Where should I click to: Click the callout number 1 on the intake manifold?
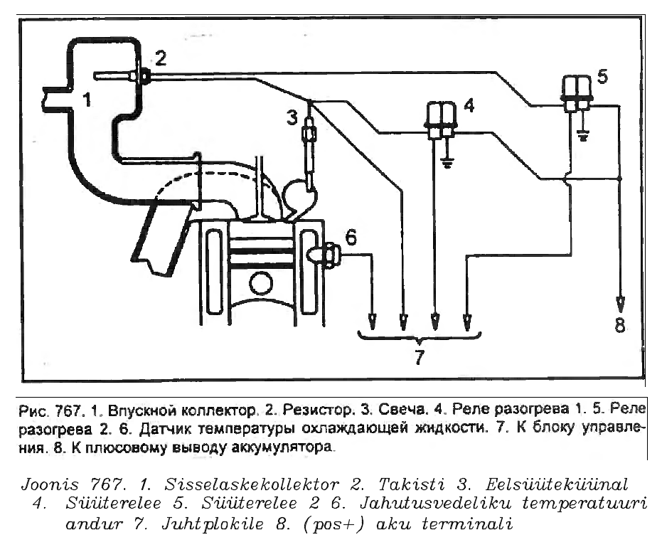pyautogui.click(x=87, y=100)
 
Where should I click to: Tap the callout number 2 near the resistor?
pyautogui.click(x=161, y=58)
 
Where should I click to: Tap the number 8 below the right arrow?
pyautogui.click(x=620, y=327)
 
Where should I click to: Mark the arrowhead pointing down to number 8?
pyautogui.click(x=620, y=302)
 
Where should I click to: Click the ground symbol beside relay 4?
pyautogui.click(x=449, y=162)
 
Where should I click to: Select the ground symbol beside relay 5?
pyautogui.click(x=584, y=136)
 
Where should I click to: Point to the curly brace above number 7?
pyautogui.click(x=418, y=336)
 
